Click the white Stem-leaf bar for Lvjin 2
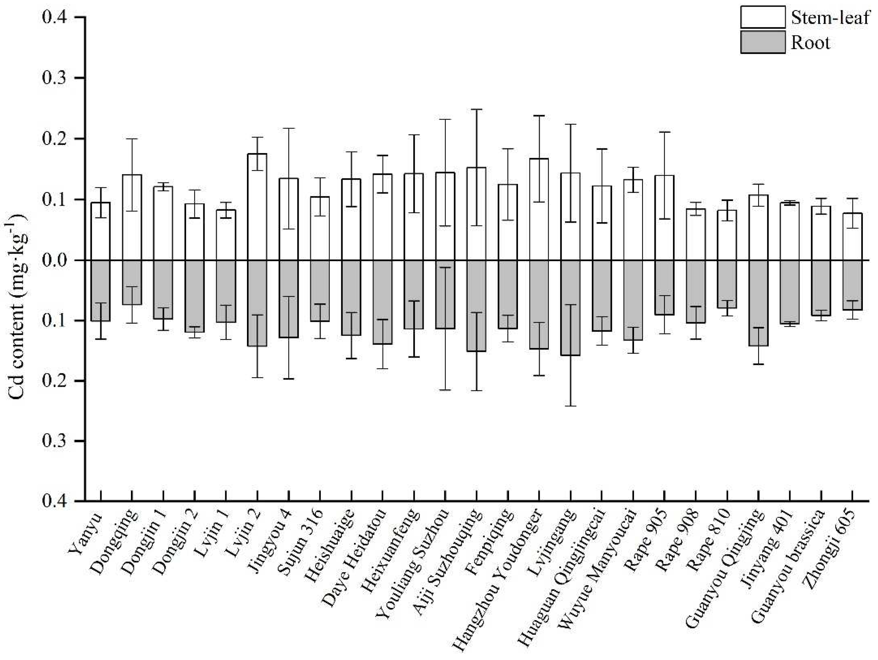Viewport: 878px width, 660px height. point(257,207)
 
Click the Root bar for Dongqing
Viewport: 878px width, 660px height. point(132,282)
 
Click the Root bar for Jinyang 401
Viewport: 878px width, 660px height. point(790,292)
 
